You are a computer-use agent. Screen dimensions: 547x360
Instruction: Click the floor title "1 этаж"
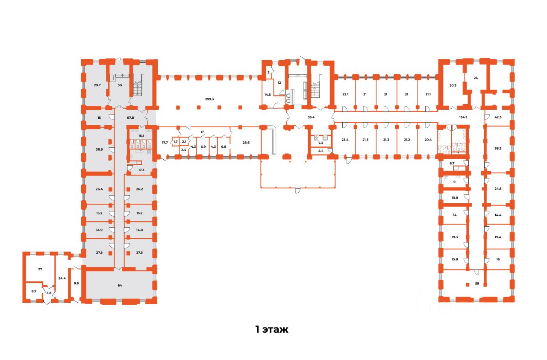272,330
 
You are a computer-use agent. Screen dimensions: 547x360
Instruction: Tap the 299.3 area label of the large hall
209,99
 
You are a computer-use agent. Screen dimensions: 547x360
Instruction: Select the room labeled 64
120,284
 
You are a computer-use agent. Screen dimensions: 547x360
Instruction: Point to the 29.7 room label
97,85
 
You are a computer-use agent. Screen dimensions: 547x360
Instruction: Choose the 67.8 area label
130,117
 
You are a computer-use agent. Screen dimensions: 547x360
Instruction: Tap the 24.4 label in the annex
62,278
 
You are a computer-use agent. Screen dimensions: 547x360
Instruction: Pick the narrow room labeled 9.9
76,283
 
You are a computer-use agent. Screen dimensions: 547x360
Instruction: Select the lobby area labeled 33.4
311,117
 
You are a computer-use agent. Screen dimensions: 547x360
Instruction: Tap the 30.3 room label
453,85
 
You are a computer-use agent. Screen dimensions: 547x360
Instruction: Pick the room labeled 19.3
455,237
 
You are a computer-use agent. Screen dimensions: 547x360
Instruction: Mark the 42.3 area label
498,117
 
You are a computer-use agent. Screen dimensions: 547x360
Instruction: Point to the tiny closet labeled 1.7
175,141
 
